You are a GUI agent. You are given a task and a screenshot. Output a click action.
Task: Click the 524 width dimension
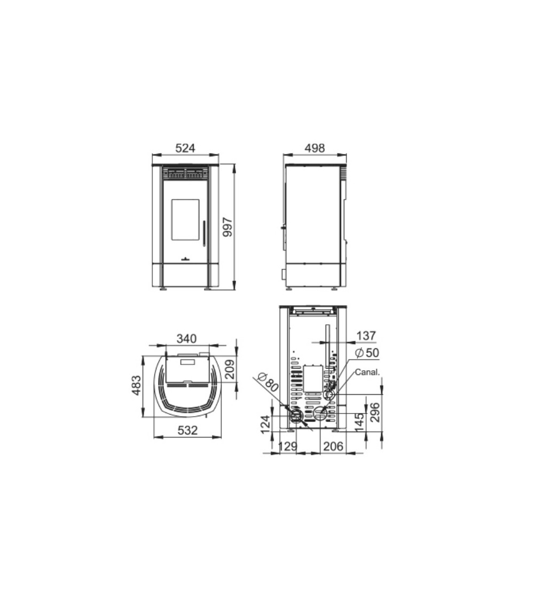pyautogui.click(x=185, y=148)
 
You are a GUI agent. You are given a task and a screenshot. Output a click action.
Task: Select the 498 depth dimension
pyautogui.click(x=315, y=148)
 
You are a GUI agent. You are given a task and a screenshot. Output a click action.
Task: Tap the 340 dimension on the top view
pyautogui.click(x=186, y=339)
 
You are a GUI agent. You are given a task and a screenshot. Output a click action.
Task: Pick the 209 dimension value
pyautogui.click(x=230, y=369)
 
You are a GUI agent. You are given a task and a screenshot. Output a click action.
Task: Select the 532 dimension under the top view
pyautogui.click(x=188, y=430)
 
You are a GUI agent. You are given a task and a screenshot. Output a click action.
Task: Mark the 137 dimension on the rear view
pyautogui.click(x=366, y=336)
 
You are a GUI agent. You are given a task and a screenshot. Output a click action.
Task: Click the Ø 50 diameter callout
pyautogui.click(x=367, y=353)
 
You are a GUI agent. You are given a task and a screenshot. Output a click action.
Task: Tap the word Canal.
pyautogui.click(x=367, y=372)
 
